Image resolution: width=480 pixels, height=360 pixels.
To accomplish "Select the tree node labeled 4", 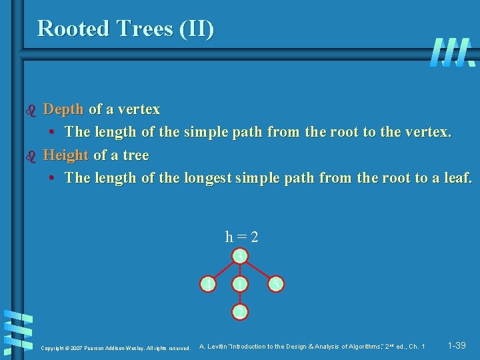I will (210, 285).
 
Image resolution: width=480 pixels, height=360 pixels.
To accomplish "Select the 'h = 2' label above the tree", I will (242, 237).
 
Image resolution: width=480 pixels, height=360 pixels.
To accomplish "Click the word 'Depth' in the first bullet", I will (63, 109).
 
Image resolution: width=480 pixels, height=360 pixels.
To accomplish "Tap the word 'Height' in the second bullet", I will (65, 155).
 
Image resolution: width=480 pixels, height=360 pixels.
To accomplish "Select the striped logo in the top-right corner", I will (453, 52).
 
